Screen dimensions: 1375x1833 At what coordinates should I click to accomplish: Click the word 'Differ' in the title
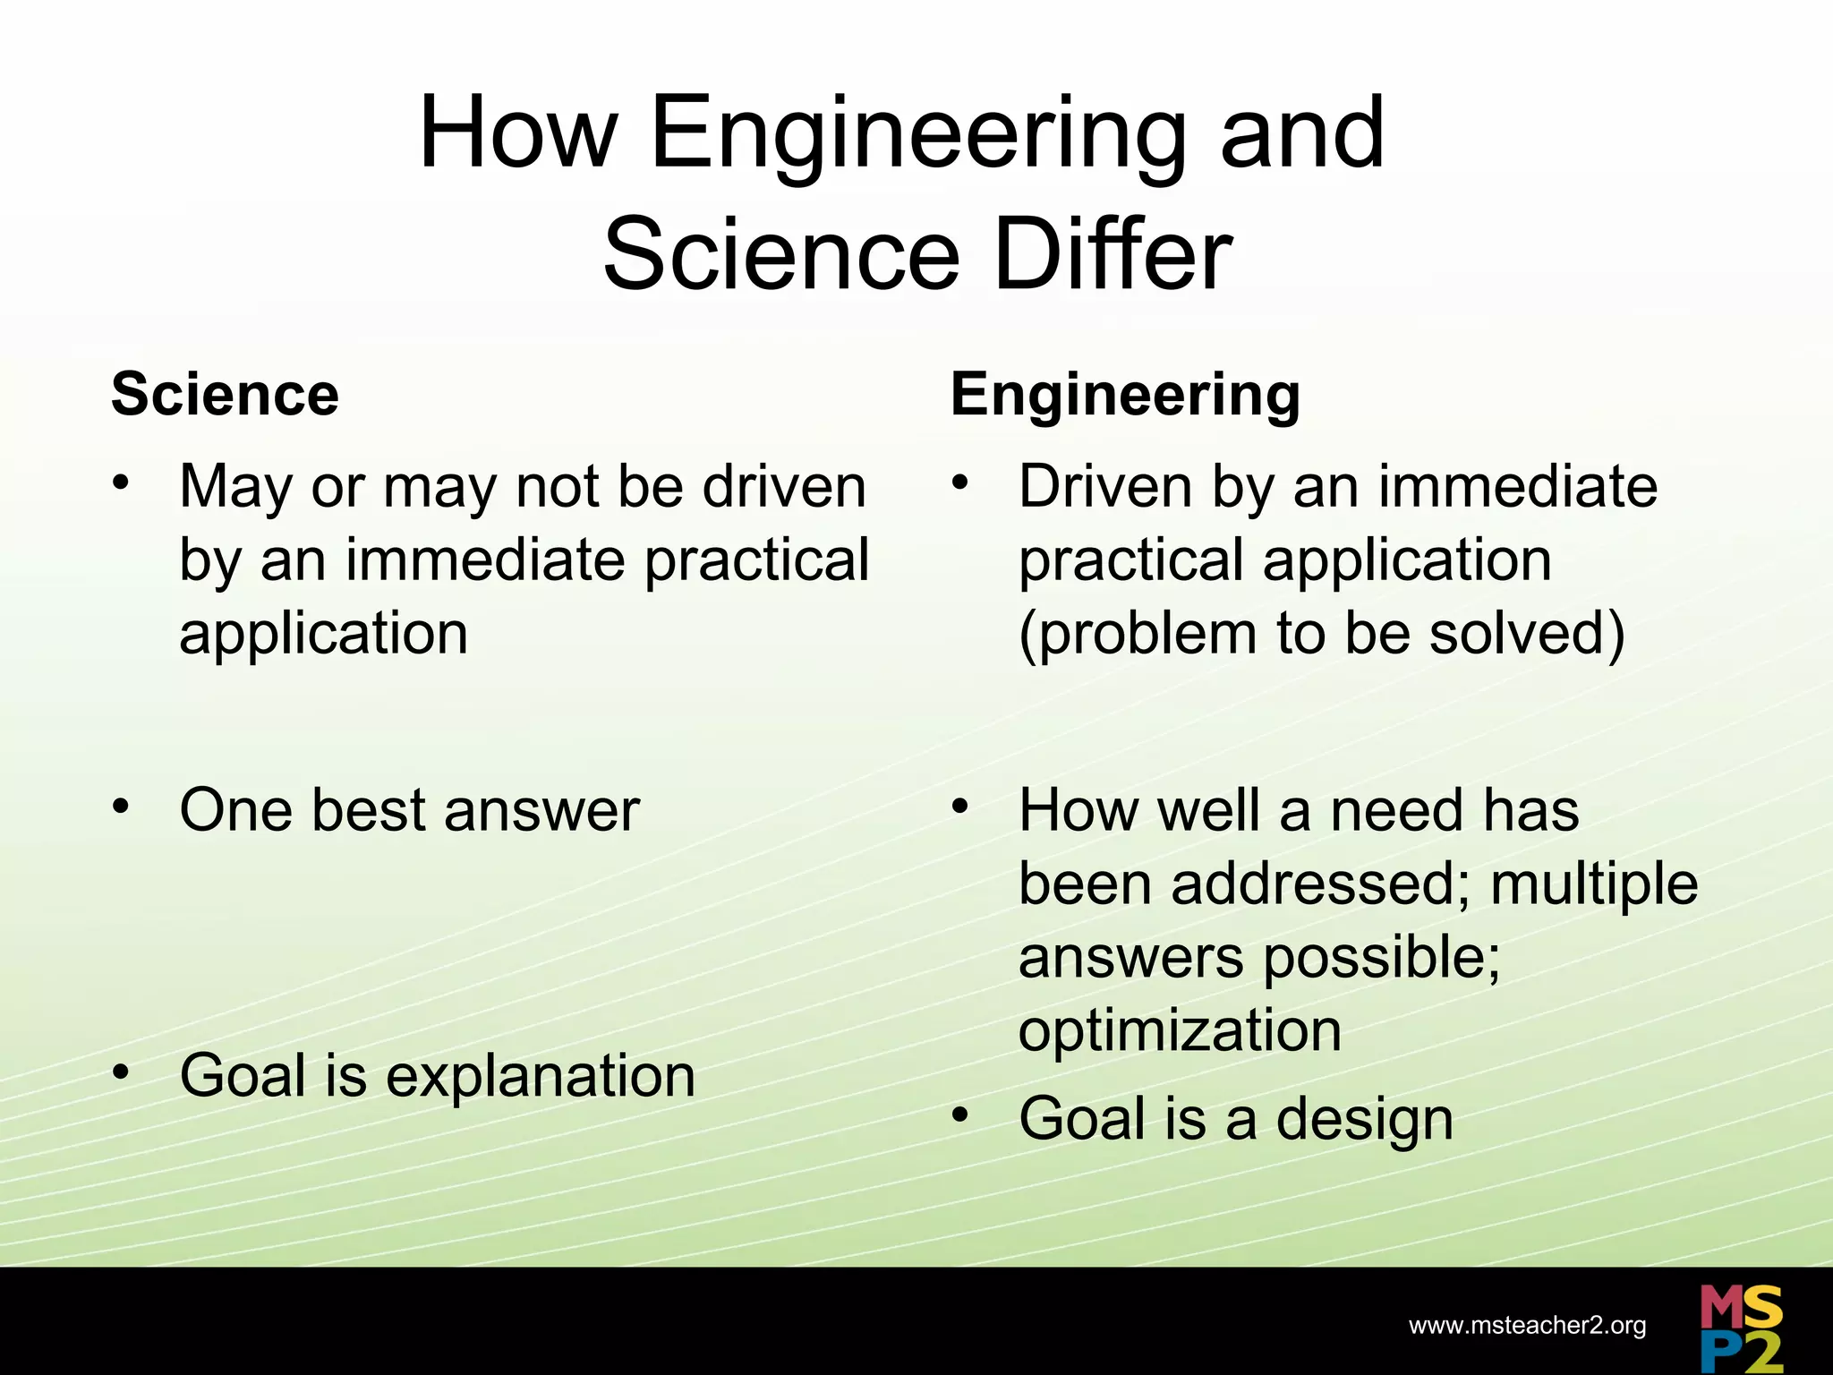coord(1113,254)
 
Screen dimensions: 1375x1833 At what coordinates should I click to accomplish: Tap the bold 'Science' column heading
coord(225,395)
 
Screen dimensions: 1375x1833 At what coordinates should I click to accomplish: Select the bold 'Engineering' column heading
coord(1125,395)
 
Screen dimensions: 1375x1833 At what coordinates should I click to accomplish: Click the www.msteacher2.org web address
coord(1527,1325)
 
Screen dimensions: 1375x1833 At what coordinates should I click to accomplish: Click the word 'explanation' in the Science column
coord(540,1076)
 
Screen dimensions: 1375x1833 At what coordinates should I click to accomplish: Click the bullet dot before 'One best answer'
coord(121,805)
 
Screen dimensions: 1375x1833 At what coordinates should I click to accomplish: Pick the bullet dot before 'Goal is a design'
coord(960,1115)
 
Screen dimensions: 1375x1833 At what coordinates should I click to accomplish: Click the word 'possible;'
coord(1381,958)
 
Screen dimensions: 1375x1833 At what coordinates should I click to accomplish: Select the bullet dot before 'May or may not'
coord(121,483)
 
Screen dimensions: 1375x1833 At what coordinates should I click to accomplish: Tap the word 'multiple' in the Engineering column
coord(1594,884)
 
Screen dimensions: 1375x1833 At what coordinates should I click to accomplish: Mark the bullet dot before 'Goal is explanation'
coord(121,1071)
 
